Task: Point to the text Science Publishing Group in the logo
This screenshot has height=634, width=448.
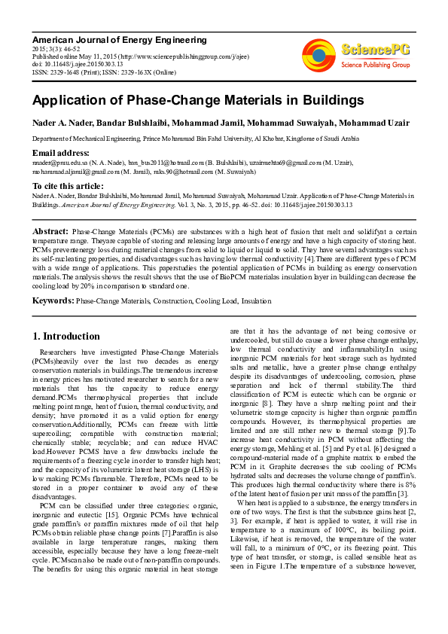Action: point(375,66)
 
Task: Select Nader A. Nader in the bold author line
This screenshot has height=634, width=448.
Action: point(61,123)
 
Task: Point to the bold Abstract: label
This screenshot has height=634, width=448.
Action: point(50,231)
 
